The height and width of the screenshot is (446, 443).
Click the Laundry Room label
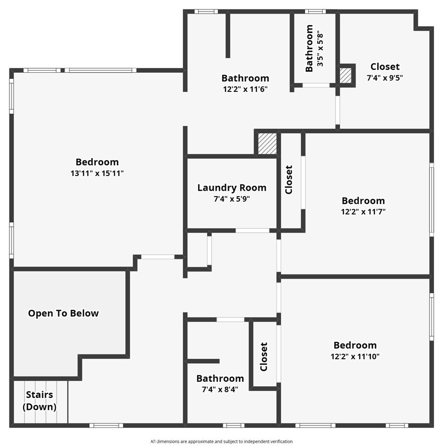pos(232,188)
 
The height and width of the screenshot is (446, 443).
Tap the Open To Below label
pos(63,313)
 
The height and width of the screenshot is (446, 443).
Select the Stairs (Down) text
pos(40,401)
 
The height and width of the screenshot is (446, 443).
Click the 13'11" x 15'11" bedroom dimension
pos(97,173)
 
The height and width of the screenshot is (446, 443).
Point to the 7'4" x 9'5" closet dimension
pos(385,78)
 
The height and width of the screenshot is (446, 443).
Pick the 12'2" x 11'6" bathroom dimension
pos(246,89)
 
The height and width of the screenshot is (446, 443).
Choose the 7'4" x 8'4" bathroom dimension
pos(220,389)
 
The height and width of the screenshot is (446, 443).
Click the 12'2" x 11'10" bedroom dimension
pos(355,356)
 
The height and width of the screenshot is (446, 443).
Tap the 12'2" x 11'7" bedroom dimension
pos(363,212)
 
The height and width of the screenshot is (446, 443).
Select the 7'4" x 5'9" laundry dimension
pos(232,199)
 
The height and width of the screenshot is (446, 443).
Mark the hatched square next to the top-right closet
pos(346,75)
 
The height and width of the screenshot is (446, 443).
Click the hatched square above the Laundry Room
pos(267,143)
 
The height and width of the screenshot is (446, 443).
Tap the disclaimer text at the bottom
pos(221,441)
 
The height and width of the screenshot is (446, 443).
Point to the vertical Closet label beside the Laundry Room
pos(289,180)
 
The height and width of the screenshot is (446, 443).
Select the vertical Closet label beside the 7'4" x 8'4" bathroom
pos(264,357)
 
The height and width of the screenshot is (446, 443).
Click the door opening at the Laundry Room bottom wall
pos(253,231)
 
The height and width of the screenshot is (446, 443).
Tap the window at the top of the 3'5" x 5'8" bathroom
pos(315,11)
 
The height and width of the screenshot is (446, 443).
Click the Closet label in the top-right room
pos(385,66)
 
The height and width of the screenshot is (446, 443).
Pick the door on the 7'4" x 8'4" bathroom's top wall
pos(231,320)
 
